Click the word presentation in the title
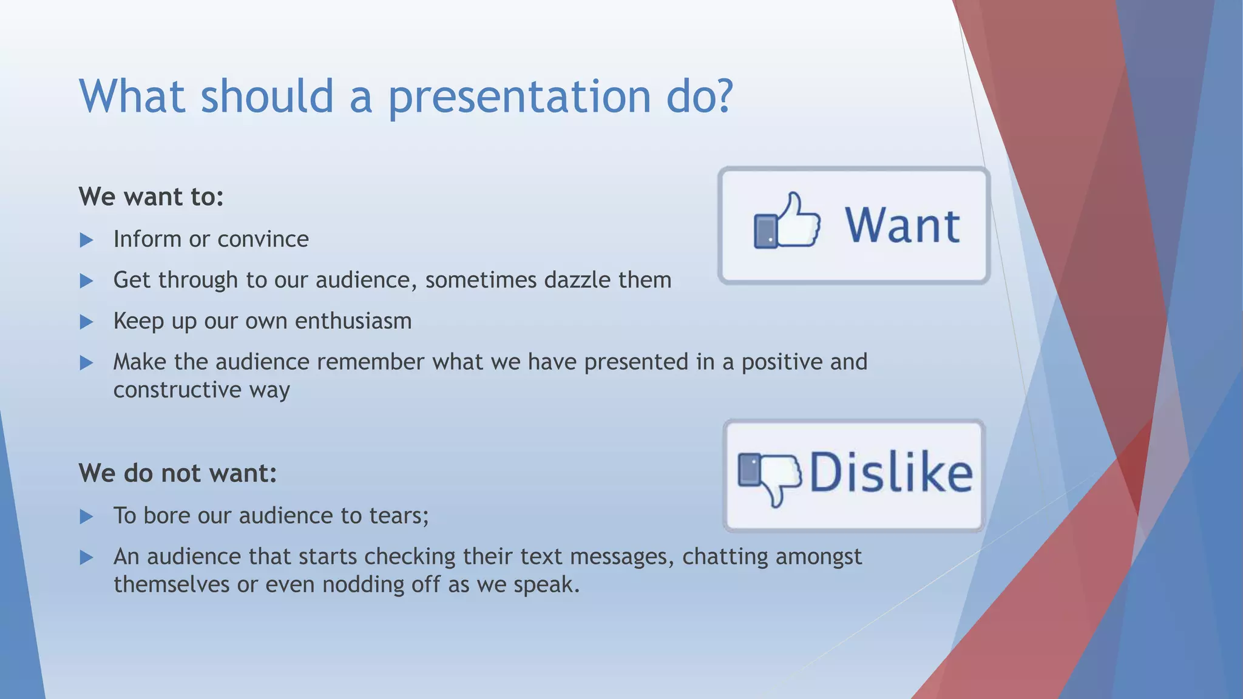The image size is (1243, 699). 519,97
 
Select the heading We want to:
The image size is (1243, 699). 151,197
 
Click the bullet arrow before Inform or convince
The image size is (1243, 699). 86,240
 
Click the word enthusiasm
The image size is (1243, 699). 353,321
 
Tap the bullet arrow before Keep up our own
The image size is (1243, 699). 86,322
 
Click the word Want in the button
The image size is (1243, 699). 902,226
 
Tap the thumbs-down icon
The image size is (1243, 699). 769,477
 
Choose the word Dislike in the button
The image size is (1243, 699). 890,473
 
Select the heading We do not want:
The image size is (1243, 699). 177,473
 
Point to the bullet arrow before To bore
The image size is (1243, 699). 86,517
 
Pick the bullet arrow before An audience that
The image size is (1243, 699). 86,558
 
